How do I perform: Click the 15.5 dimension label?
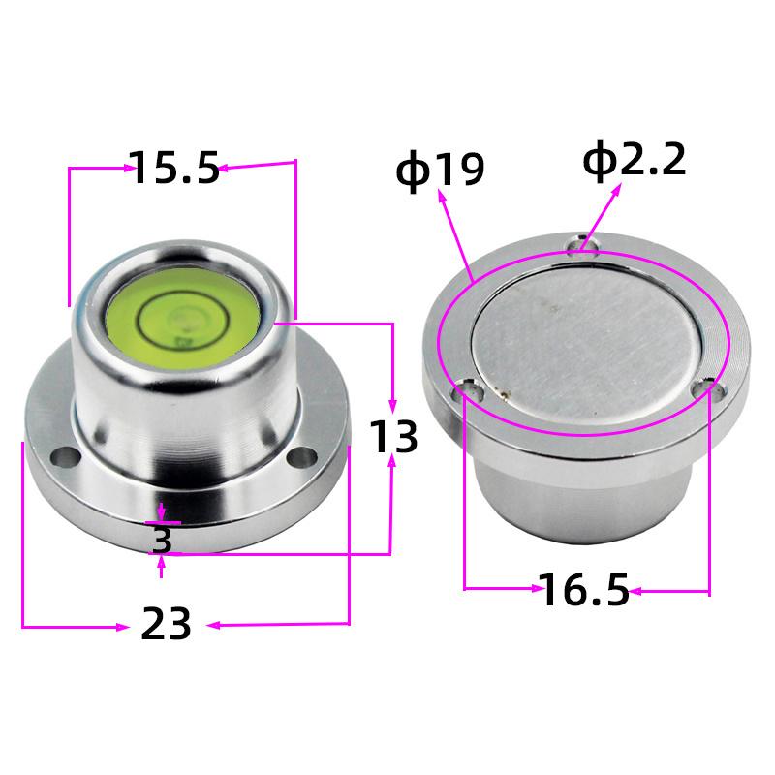click(175, 169)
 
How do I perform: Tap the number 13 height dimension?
click(392, 438)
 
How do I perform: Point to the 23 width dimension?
click(167, 624)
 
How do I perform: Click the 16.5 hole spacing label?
click(584, 590)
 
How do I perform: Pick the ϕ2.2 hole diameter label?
click(635, 161)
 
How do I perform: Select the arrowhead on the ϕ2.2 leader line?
click(621, 185)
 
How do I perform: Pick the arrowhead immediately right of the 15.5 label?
click(223, 169)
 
